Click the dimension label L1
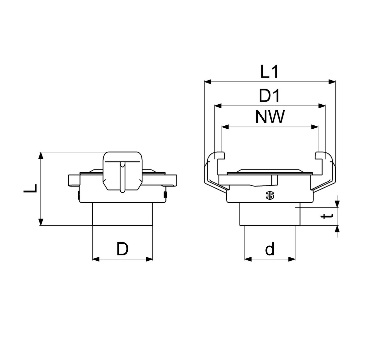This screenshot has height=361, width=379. tap(269, 72)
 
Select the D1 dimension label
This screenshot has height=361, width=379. tap(269, 96)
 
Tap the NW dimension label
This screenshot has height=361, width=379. tap(270, 117)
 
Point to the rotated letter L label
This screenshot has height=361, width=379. tap(31, 189)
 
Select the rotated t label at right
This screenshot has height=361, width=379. tap(328, 216)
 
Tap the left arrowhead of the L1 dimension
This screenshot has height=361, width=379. tap(208, 82)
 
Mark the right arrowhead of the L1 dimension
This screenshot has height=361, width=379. tap(332, 82)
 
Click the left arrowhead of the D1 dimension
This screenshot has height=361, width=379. tap(218, 106)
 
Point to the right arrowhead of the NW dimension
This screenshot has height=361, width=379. tap(314, 126)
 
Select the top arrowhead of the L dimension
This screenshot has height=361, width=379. tap(41, 156)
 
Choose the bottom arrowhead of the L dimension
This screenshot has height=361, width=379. tap(41, 222)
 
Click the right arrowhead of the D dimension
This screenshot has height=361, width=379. tap(149, 259)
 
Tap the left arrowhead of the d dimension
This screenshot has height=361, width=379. tap(248, 259)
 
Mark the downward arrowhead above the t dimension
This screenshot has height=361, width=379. tap(338, 204)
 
